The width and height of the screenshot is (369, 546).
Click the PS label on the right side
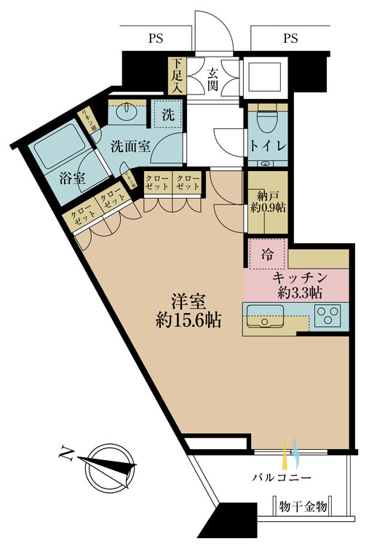pyautogui.click(x=291, y=37)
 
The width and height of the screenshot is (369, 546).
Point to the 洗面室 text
pyautogui.click(x=130, y=146)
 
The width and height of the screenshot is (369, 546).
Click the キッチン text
pyautogui.click(x=298, y=277)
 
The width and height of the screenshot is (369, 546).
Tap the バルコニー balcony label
pyautogui.click(x=283, y=478)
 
